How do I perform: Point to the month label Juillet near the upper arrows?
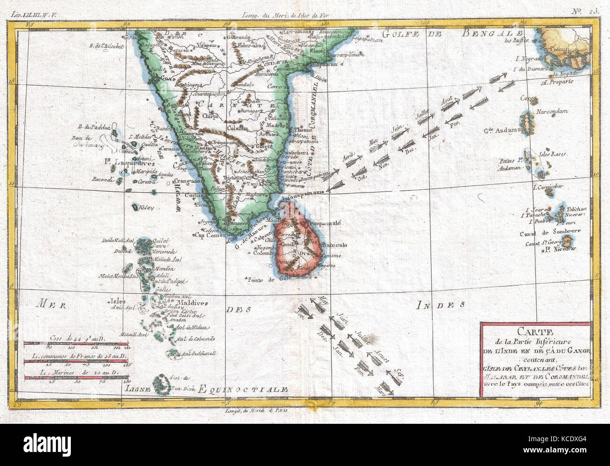click(x=423, y=113)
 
